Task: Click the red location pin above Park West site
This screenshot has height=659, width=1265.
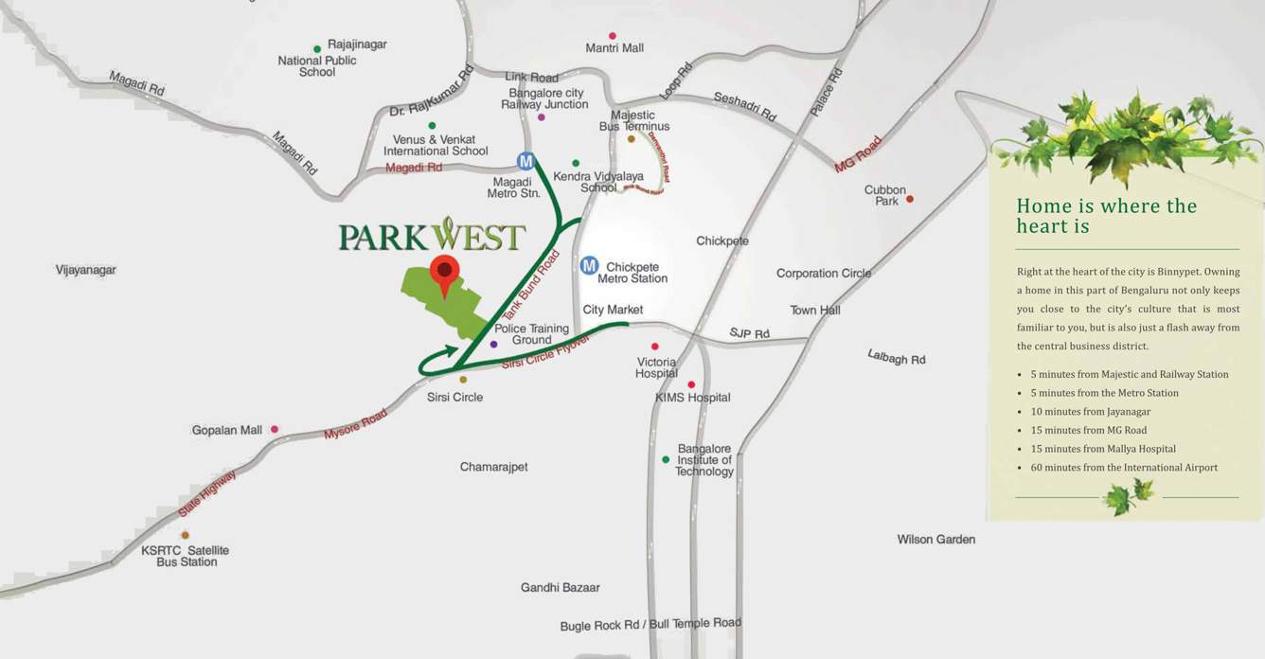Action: tap(443, 272)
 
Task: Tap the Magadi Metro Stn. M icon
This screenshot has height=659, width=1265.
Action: tap(526, 161)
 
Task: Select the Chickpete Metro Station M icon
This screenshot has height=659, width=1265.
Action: tap(589, 266)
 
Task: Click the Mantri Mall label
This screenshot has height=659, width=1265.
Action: tap(615, 47)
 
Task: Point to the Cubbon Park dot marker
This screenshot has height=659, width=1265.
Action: tap(910, 199)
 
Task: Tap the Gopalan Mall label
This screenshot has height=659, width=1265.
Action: tap(227, 430)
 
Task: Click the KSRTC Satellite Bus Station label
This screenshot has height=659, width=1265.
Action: tap(186, 556)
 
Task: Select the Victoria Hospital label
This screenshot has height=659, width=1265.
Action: tap(656, 367)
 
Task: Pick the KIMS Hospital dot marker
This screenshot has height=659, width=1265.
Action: tap(691, 384)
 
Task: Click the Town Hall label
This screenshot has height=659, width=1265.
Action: tap(815, 311)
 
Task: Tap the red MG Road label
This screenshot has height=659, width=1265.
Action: tap(857, 153)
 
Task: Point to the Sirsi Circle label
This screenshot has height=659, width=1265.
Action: tap(454, 397)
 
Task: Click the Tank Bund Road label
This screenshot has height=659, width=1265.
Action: tap(530, 285)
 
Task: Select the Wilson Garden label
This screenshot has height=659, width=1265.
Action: tap(935, 539)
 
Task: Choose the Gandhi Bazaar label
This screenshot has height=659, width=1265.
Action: tap(560, 587)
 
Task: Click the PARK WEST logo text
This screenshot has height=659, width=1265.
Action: tap(432, 236)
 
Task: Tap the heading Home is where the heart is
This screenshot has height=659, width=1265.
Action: tap(1106, 216)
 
